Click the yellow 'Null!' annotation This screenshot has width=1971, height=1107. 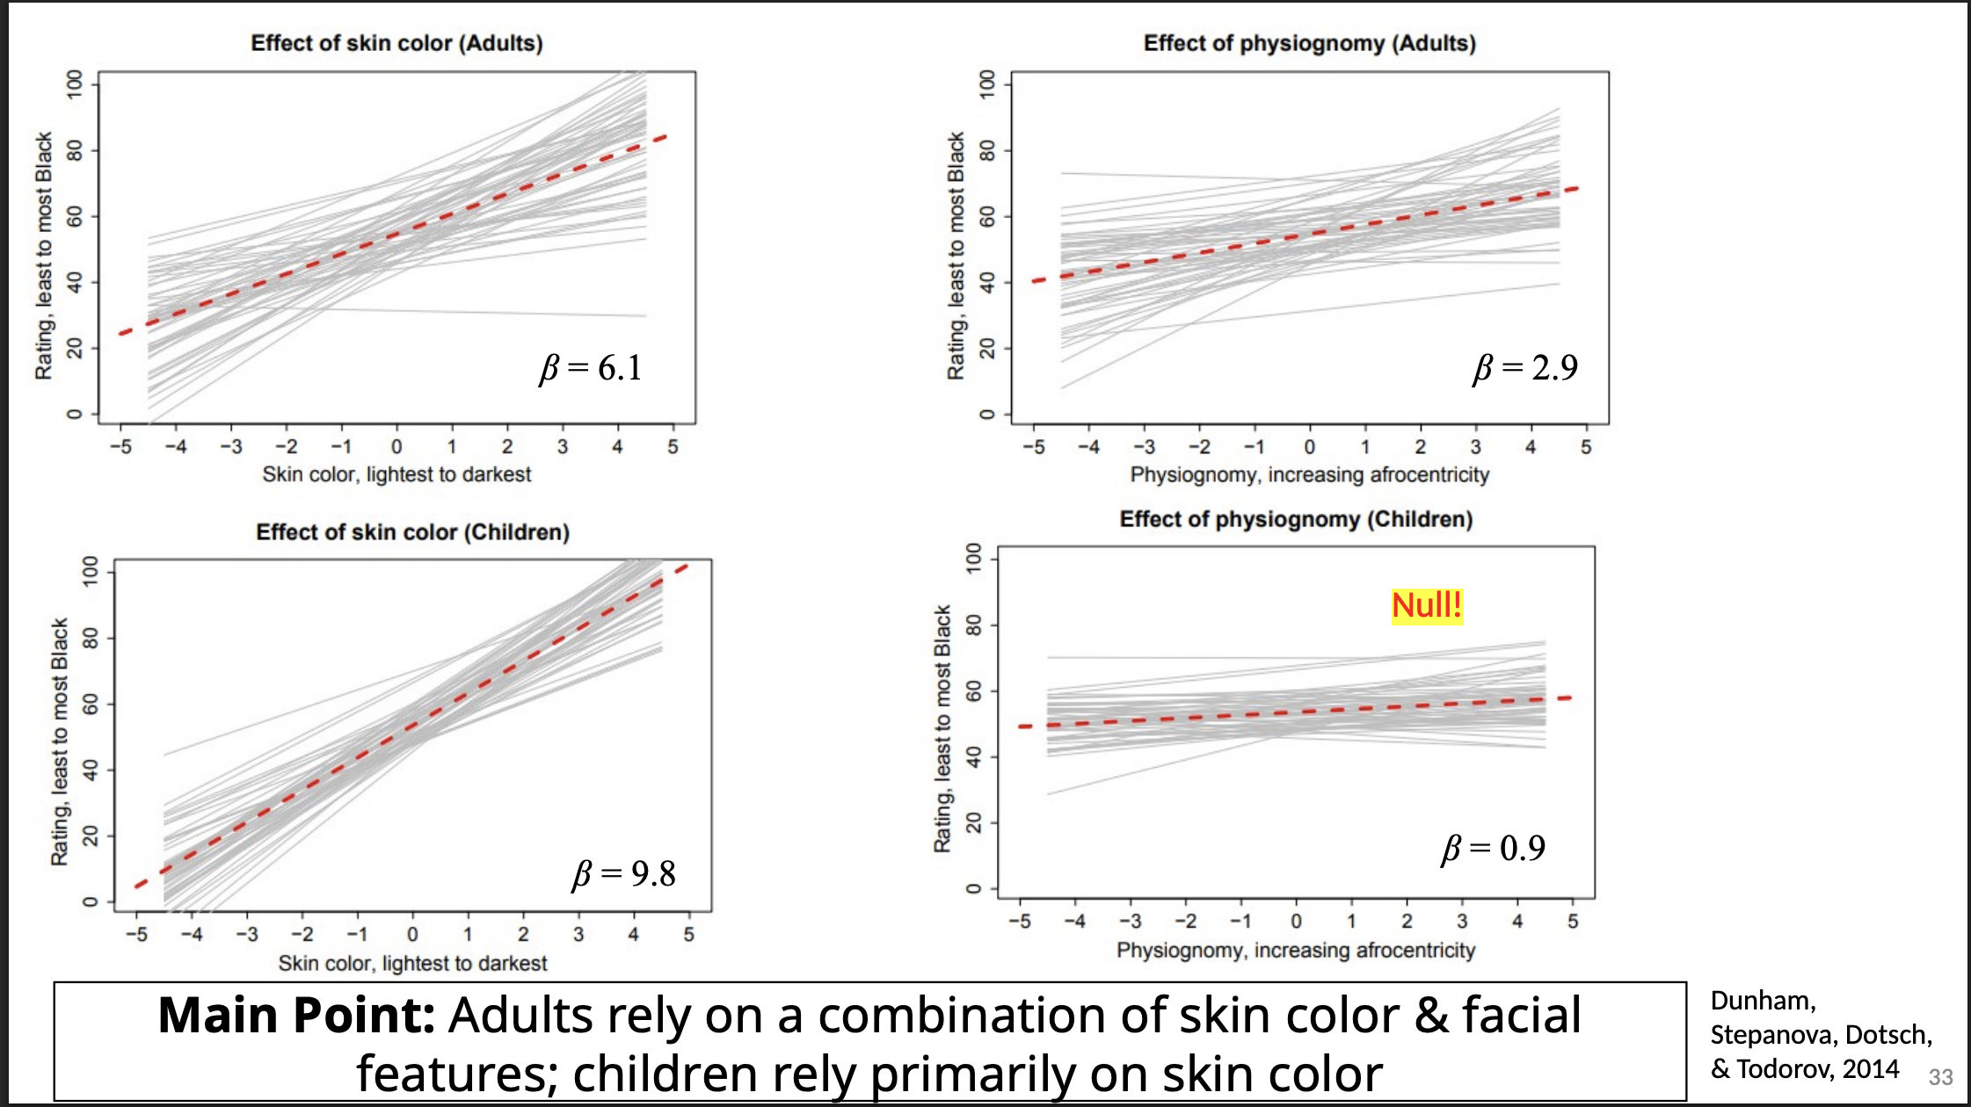tap(1427, 605)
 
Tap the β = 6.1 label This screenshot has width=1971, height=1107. tap(591, 367)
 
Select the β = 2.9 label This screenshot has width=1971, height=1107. tap(1525, 367)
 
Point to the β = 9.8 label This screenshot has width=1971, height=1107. tap(624, 873)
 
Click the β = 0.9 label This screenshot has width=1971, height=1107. tap(1493, 848)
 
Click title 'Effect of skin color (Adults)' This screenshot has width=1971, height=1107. tap(396, 43)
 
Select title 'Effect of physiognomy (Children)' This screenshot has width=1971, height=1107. tap(1296, 519)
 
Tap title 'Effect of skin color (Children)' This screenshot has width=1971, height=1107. tap(412, 532)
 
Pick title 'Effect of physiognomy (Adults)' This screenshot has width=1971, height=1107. tap(1309, 43)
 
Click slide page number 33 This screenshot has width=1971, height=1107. tap(1940, 1077)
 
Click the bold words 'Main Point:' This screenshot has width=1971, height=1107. tap(296, 1016)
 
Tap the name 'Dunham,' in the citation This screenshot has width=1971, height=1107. tap(1763, 1001)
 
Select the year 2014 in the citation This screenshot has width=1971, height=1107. tap(1871, 1069)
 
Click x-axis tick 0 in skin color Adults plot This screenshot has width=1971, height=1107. tap(396, 447)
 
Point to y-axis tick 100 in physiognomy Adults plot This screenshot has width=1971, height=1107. tap(987, 83)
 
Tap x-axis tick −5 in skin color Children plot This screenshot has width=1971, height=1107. tap(136, 935)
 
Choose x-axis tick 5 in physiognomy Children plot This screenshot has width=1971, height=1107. tap(1573, 922)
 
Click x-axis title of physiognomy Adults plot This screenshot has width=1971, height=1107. tap(1309, 475)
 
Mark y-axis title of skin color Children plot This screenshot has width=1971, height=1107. tap(59, 742)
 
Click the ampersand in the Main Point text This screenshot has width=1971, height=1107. tap(1431, 1016)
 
